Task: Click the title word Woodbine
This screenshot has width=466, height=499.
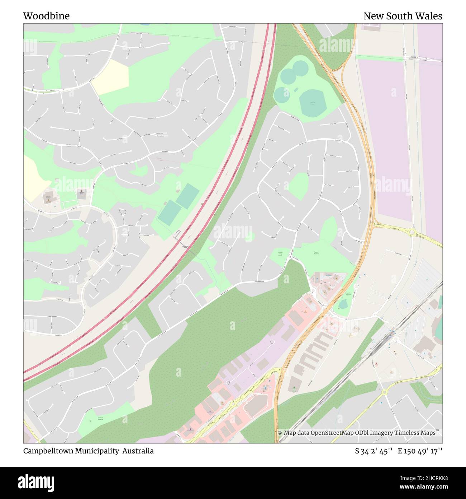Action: coord(46,16)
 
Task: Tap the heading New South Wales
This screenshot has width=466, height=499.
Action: coord(403,16)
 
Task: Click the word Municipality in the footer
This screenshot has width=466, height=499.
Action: coord(98,451)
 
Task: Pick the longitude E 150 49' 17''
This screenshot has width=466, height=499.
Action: coord(420,451)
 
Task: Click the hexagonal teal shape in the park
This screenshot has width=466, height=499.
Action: coord(312,102)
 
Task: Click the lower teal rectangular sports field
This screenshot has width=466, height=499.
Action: coord(169,213)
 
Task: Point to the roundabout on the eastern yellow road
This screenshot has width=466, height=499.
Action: coord(412,233)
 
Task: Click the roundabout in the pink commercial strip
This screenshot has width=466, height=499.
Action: coord(233,403)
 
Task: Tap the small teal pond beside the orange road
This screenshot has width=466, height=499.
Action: coord(343,304)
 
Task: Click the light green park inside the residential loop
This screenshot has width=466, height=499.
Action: coord(298,186)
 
